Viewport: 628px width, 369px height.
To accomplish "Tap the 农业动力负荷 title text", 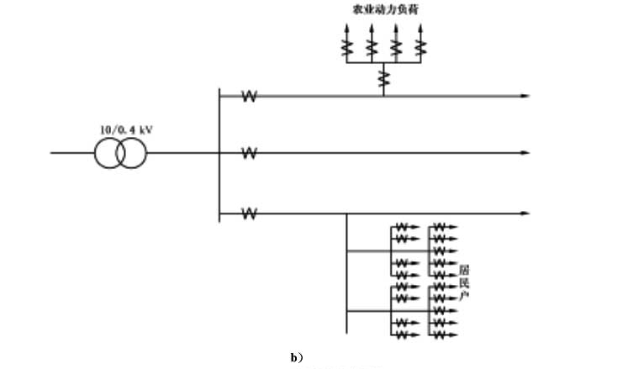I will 383,12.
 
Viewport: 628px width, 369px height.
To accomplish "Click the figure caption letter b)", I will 296,357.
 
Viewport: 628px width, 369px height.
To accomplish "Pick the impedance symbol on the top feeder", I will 249,96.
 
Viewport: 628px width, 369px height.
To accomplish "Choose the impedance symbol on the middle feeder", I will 249,153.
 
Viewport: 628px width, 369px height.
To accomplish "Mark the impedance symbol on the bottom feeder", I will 249,213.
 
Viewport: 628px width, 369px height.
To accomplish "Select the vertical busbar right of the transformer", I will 219,155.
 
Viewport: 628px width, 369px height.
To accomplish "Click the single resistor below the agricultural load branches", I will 383,78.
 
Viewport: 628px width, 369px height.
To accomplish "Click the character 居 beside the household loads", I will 463,270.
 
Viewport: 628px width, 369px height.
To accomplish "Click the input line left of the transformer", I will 71,153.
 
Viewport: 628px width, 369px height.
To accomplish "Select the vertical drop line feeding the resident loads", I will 346,273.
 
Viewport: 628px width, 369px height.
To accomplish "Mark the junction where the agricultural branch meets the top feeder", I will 383,96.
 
